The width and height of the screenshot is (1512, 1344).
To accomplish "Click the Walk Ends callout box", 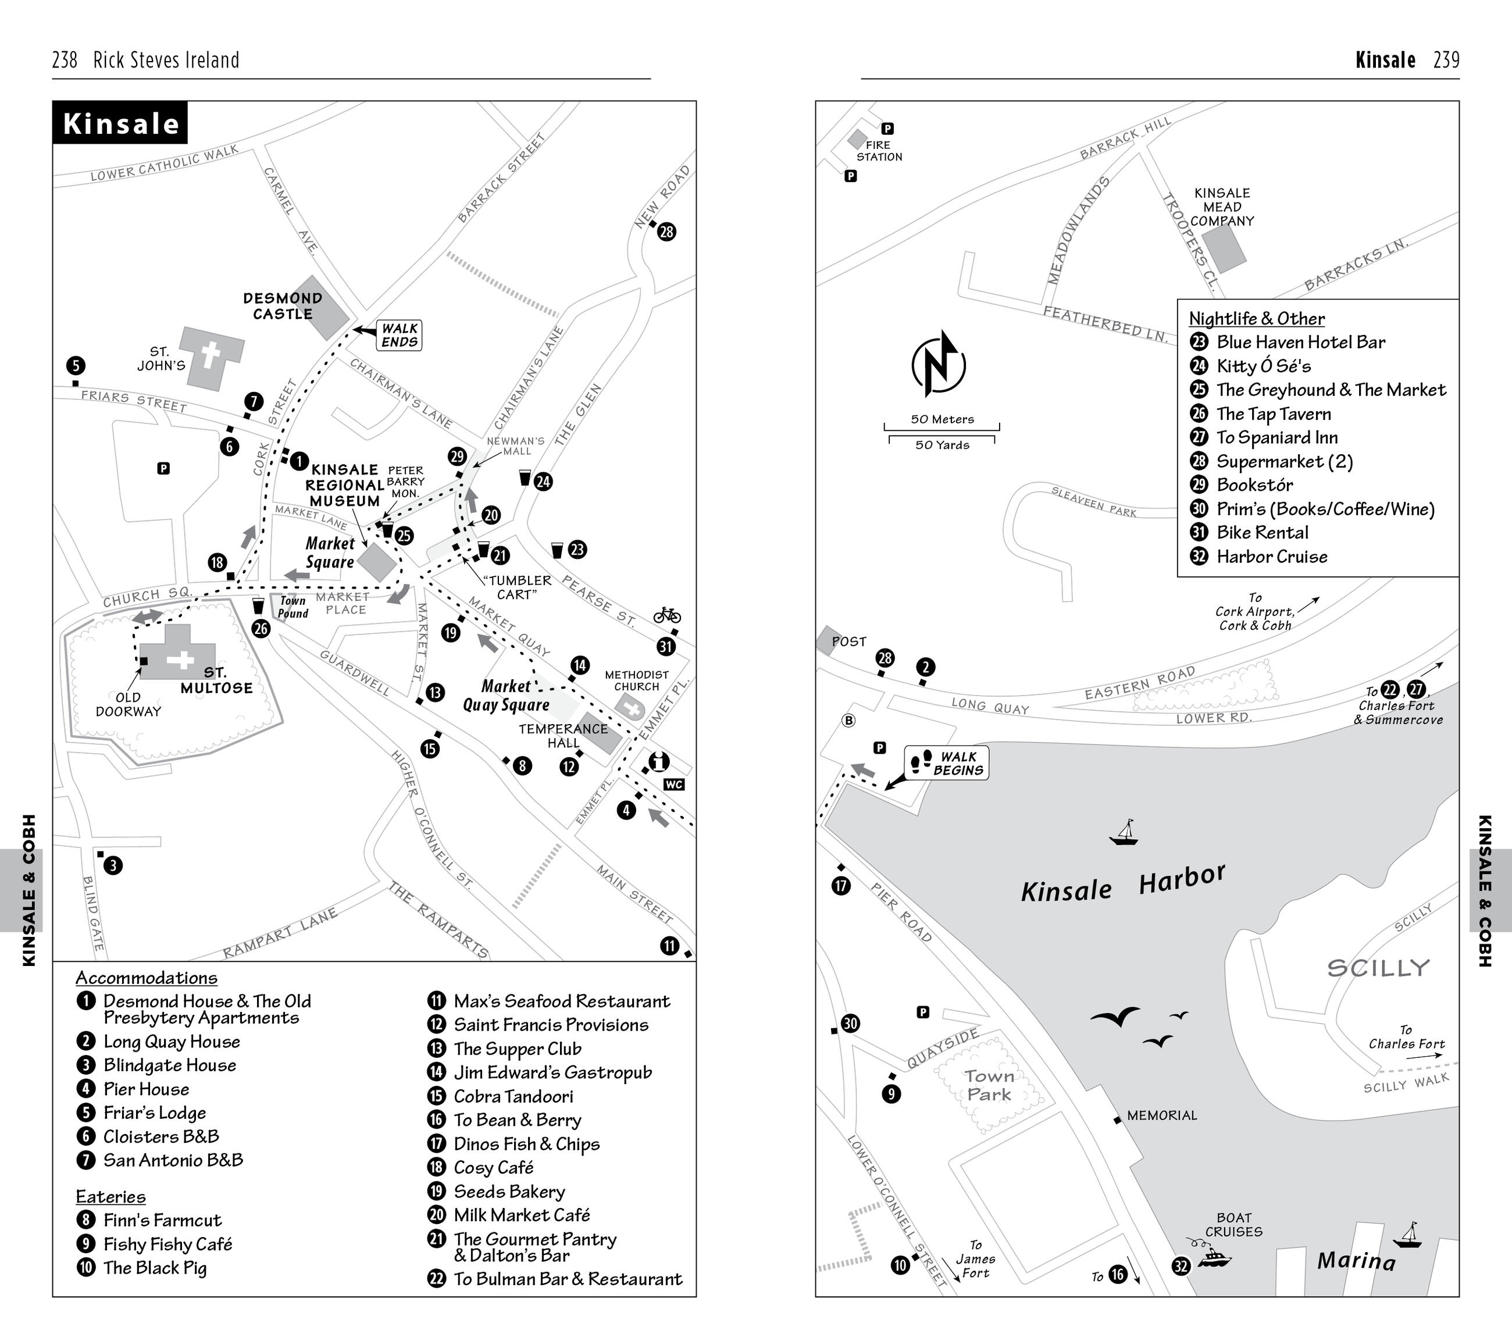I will pyautogui.click(x=400, y=335).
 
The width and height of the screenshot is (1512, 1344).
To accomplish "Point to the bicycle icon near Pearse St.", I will pyautogui.click(x=666, y=615).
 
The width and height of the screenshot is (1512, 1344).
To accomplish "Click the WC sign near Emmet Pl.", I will pyautogui.click(x=674, y=785).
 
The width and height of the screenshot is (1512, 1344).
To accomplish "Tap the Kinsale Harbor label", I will pyautogui.click(x=1123, y=884).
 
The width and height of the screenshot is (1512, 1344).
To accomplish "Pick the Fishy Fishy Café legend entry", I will pyautogui.click(x=167, y=1244).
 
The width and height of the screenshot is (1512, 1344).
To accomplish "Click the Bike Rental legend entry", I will pyautogui.click(x=1262, y=533).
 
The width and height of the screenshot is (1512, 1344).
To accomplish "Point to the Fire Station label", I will pyautogui.click(x=879, y=151).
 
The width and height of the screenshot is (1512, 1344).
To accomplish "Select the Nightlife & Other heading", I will pyautogui.click(x=1256, y=319).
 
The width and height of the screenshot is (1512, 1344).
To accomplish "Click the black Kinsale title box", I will pyautogui.click(x=120, y=123).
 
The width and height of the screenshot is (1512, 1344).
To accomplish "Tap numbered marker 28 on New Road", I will pyautogui.click(x=666, y=232).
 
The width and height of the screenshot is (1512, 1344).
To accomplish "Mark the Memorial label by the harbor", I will pyautogui.click(x=1161, y=1115).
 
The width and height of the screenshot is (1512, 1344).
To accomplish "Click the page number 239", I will pyautogui.click(x=1446, y=60).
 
